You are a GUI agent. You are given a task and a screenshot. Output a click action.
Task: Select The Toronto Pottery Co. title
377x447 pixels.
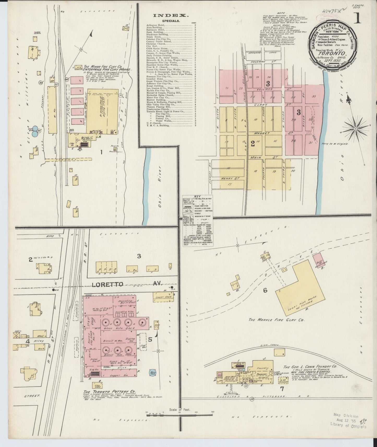coord(110,392)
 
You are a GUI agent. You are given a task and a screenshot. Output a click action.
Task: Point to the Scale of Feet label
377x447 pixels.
coord(180,410)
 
